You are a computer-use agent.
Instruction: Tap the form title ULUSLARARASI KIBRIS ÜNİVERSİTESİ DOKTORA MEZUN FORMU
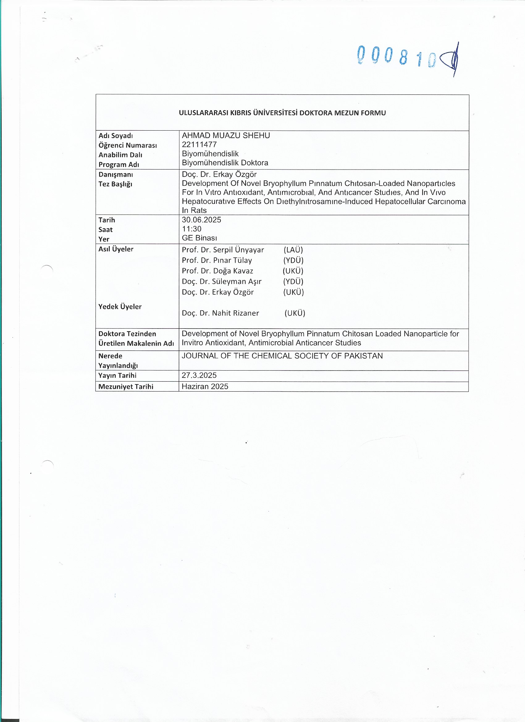coord(282,113)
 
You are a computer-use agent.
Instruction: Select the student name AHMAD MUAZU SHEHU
coord(226,136)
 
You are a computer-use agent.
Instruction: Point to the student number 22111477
coord(199,145)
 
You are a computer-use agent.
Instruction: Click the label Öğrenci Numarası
coord(128,145)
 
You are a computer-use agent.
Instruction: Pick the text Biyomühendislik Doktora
coord(225,163)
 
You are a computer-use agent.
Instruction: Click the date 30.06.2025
coord(202,220)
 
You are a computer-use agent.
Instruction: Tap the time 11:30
coord(192,229)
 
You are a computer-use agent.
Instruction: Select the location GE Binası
coord(199,238)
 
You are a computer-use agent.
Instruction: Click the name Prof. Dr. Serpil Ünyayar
coord(223,250)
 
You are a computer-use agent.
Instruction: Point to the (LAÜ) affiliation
coord(293,250)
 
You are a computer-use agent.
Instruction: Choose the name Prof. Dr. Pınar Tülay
coord(217,260)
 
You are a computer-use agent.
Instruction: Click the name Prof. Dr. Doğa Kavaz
coord(217,271)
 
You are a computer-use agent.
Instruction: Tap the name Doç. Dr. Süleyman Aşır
coord(222,281)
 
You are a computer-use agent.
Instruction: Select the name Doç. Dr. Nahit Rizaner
coord(220,313)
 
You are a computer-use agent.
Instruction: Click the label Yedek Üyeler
coord(120,307)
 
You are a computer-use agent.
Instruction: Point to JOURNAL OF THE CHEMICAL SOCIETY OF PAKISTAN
coord(282,356)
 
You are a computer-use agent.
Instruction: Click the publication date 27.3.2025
coord(199,375)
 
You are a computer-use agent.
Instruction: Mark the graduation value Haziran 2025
coord(205,386)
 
